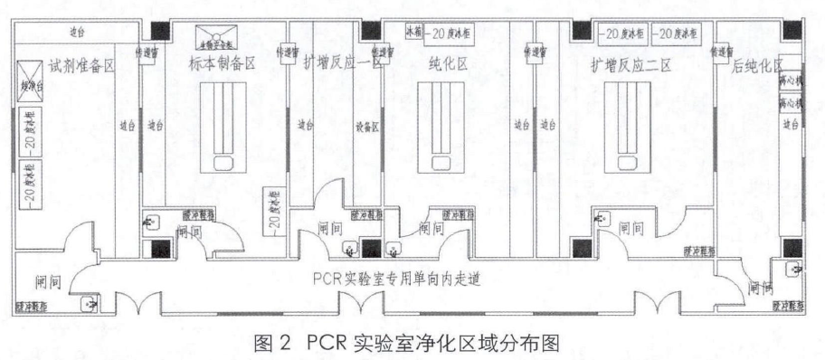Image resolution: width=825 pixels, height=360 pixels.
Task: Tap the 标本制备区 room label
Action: coord(220,65)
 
